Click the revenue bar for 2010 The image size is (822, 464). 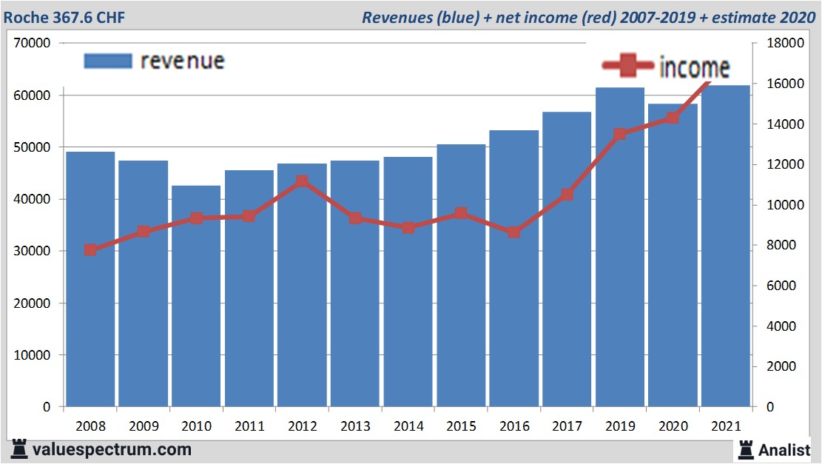pos(196,296)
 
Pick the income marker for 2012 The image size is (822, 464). pos(302,181)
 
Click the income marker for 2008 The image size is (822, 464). pos(90,249)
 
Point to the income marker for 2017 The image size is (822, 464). pos(567,195)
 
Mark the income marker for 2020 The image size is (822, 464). pos(673,118)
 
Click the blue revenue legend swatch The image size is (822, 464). pos(108,61)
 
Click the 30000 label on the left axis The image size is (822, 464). pos(33,252)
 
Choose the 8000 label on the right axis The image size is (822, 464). pos(780,245)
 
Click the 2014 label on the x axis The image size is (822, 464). pos(408,426)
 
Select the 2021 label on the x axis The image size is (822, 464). pos(726,426)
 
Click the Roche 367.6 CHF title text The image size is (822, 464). pos(65,17)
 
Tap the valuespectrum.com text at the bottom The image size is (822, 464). pos(112,449)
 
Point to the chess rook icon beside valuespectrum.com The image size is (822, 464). pos(18,448)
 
